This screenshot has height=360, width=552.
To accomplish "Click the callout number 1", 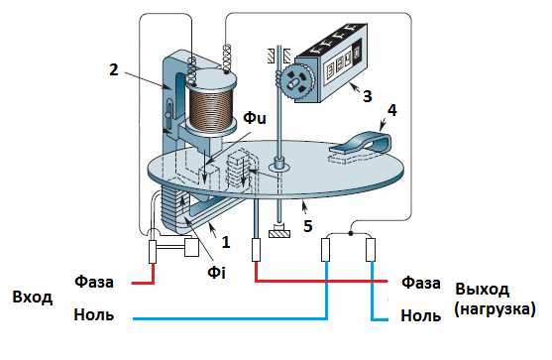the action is [226, 242].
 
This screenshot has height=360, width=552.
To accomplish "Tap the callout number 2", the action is [114, 69].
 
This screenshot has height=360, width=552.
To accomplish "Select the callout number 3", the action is [368, 96].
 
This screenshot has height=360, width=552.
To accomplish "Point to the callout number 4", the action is [391, 110].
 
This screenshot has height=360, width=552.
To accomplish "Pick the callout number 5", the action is [307, 226].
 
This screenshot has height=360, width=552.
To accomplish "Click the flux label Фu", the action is [255, 118].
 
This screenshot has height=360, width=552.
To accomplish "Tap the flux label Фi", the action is [216, 273].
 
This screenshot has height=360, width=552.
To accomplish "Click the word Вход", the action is [33, 297].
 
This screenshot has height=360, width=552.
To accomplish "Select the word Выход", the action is [483, 290].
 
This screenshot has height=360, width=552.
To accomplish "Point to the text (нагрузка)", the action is [495, 308].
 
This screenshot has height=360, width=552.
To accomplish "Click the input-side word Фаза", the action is [94, 282].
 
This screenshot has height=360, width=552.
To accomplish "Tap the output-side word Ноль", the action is [420, 315].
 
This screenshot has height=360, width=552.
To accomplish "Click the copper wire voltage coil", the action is [211, 107].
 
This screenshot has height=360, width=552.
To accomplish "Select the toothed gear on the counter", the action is [297, 81].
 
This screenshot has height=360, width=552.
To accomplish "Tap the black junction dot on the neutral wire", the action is [350, 233].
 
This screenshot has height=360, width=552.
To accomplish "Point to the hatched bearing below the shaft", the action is [279, 233].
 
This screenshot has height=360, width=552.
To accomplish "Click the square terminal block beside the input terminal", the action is [192, 247].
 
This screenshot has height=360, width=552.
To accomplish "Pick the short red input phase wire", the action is [145, 276].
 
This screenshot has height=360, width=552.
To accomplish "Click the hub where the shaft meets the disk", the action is [279, 164].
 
